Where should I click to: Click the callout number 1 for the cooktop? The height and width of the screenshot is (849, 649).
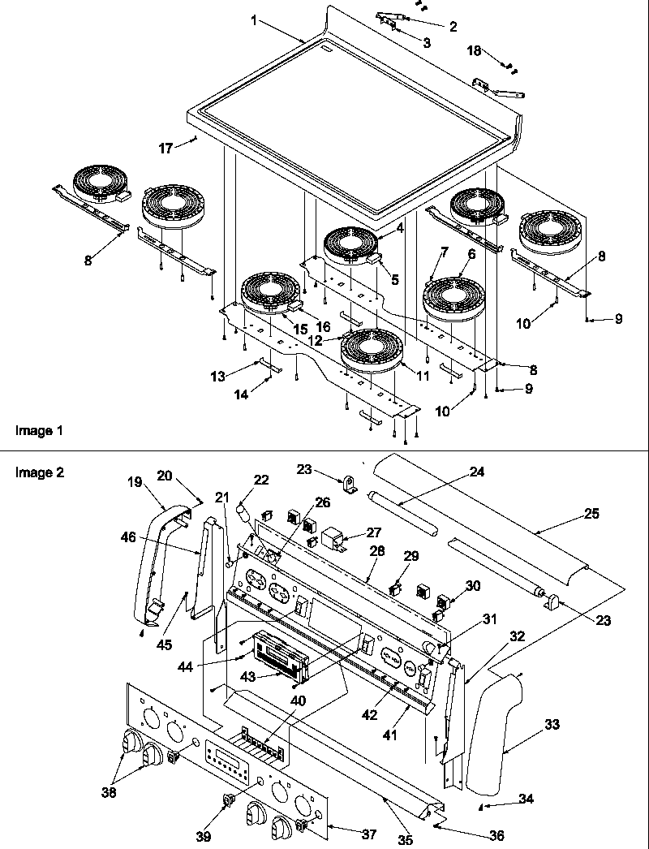[x=256, y=20]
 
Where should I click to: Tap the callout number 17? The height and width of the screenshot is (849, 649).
[x=166, y=148]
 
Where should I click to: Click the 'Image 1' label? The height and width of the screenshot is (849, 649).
[x=39, y=430]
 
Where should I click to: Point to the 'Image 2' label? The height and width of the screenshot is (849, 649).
[x=39, y=472]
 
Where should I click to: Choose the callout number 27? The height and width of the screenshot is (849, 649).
[x=372, y=532]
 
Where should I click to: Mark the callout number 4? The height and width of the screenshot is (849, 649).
[x=400, y=229]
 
